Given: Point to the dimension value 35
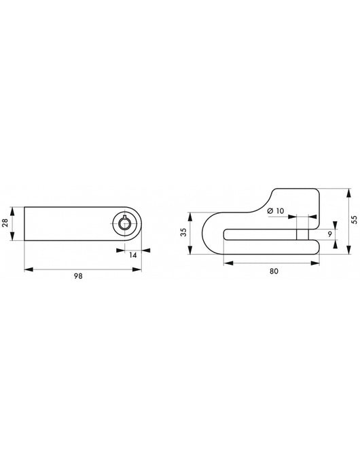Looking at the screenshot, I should click(183, 233).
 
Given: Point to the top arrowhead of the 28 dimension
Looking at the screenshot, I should click(15, 206).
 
